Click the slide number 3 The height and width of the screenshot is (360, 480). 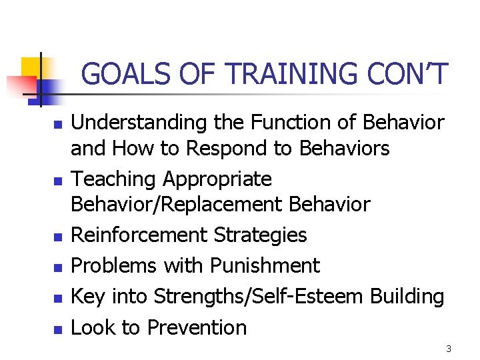[449, 349]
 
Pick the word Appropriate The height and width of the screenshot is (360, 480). [217, 179]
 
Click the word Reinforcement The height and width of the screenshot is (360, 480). [139, 235]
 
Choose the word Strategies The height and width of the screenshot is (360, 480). [261, 235]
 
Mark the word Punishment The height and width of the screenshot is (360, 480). [265, 265]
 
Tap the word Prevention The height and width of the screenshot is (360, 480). [197, 327]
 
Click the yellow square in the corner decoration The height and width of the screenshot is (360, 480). [31, 67]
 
